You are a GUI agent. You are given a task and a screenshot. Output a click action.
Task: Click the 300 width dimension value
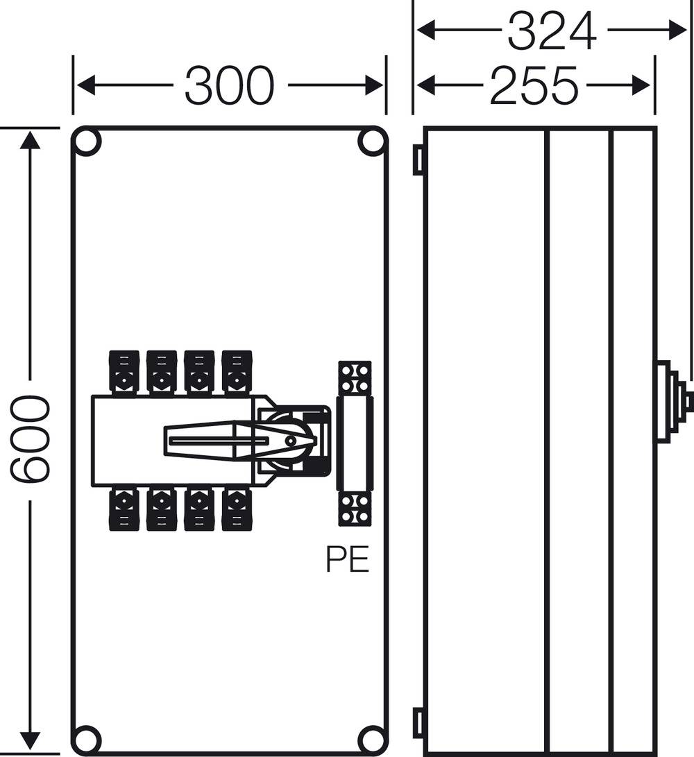(x=230, y=86)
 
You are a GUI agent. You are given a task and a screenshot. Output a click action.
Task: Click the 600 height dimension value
(x=30, y=439)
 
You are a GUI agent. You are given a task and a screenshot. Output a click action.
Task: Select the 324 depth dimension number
(x=552, y=31)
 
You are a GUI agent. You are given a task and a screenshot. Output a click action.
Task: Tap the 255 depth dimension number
(x=534, y=86)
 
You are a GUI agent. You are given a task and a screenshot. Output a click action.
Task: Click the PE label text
(x=348, y=560)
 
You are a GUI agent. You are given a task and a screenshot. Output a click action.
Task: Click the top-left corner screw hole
(x=87, y=142)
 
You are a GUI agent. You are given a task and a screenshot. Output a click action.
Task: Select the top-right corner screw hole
(x=371, y=142)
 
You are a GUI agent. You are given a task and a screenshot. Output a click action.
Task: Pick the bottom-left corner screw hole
(x=87, y=738)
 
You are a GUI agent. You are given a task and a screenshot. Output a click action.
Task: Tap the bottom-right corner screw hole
(x=371, y=738)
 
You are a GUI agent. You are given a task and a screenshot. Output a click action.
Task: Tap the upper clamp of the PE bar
(x=355, y=378)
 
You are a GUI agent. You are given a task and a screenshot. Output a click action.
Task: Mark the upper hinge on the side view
(x=418, y=160)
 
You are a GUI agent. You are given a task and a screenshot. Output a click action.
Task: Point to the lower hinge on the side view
(x=418, y=723)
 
